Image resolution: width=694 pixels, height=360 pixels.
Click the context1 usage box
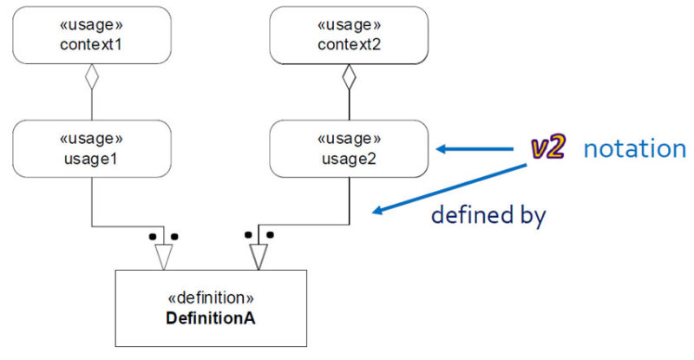[92, 35]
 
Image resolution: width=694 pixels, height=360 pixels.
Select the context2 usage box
[349, 35]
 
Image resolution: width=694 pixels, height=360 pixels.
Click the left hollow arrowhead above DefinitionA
[163, 256]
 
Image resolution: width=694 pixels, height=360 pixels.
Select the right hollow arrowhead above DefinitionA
[258, 256]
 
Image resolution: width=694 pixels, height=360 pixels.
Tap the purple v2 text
[548, 148]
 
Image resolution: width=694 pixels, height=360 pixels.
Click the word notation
[634, 149]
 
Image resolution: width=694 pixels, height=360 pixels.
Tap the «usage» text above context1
[92, 24]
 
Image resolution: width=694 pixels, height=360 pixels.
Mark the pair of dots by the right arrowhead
[259, 234]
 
